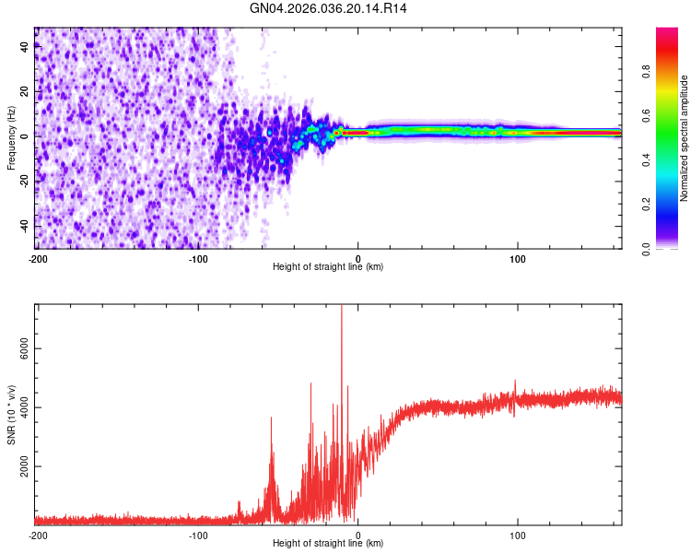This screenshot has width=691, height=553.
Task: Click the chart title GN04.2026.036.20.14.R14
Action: [x=329, y=8]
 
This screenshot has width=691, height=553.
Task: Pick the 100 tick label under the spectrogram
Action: [x=518, y=257]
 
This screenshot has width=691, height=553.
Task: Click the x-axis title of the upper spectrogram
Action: [x=328, y=267]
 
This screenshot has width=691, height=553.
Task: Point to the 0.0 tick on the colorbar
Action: [x=673, y=248]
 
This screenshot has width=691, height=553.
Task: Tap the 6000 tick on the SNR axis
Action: [x=19, y=348]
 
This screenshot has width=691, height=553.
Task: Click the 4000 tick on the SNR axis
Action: [x=19, y=407]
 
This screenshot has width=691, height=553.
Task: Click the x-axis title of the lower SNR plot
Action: [x=328, y=544]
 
